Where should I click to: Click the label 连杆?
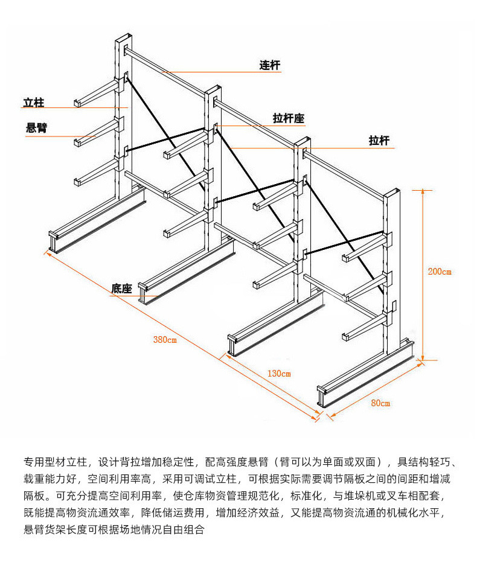(x=269, y=65)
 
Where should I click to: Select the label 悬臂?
(x=37, y=128)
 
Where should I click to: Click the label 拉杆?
(x=379, y=141)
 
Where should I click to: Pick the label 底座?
(x=121, y=288)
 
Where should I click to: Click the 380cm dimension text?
(x=164, y=340)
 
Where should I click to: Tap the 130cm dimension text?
(x=278, y=374)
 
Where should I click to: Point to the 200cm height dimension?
(x=439, y=271)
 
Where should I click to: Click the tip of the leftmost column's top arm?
(x=77, y=104)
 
